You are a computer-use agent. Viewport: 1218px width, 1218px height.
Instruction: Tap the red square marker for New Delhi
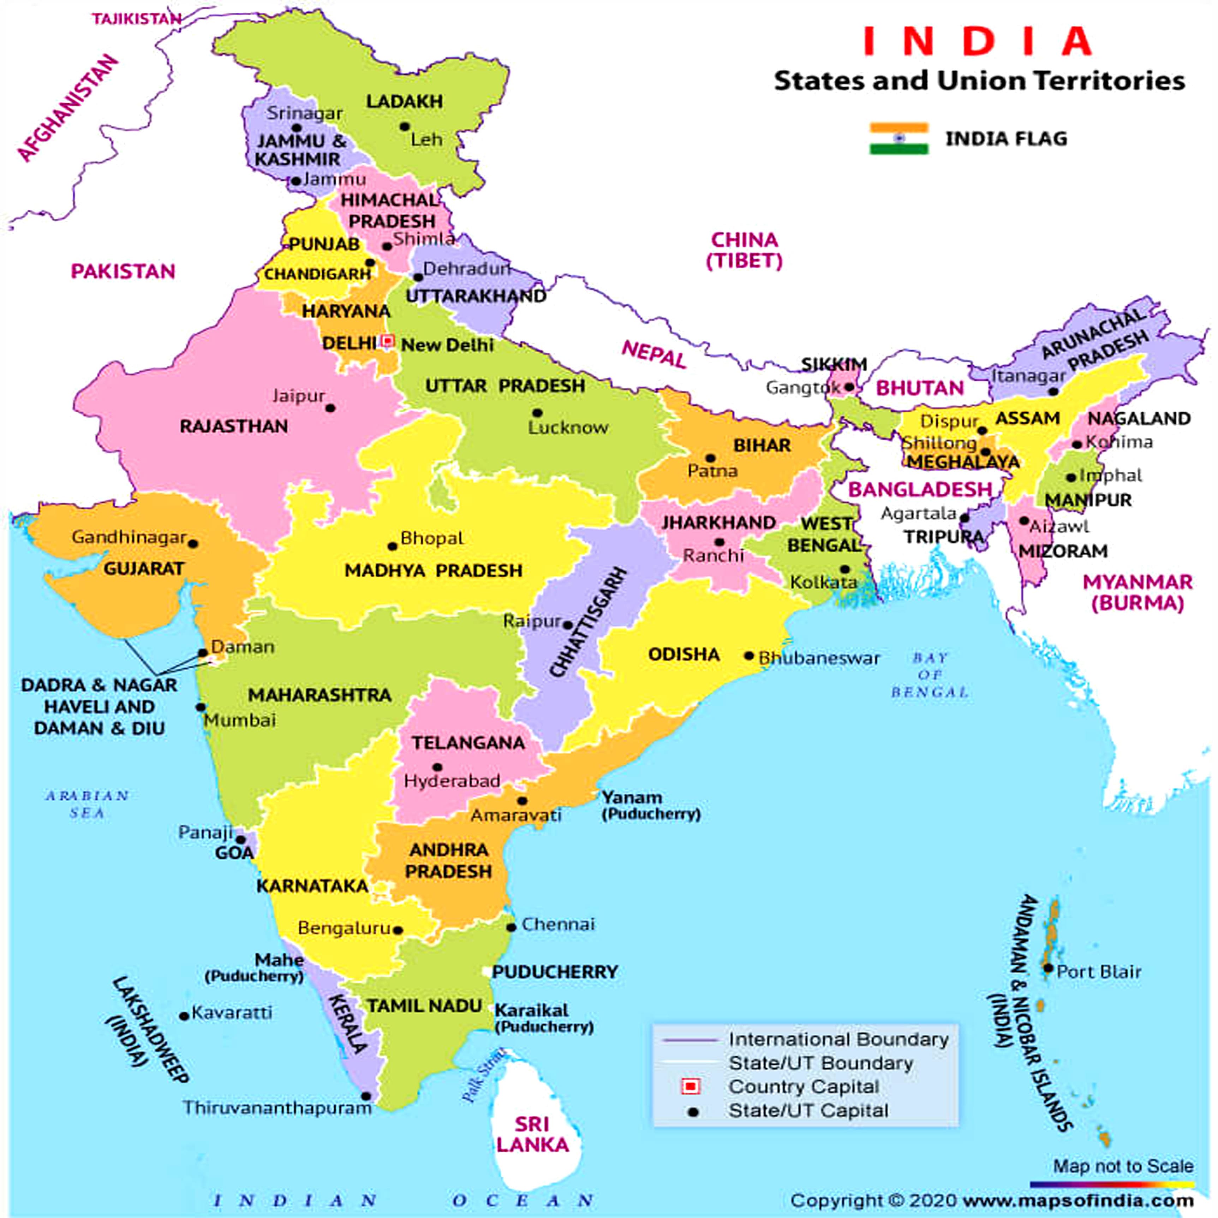(388, 342)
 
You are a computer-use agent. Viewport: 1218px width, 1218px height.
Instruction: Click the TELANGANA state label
(468, 743)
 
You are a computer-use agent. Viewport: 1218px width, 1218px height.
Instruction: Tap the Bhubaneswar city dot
(749, 656)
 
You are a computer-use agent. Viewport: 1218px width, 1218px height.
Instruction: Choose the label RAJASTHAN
(234, 426)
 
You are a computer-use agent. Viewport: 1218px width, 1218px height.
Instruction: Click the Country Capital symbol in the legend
(691, 1086)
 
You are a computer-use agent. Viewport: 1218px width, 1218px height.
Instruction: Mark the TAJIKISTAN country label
(137, 19)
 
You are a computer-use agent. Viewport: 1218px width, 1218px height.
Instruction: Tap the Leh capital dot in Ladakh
(404, 127)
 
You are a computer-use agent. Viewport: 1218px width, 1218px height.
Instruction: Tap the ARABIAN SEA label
(87, 805)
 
